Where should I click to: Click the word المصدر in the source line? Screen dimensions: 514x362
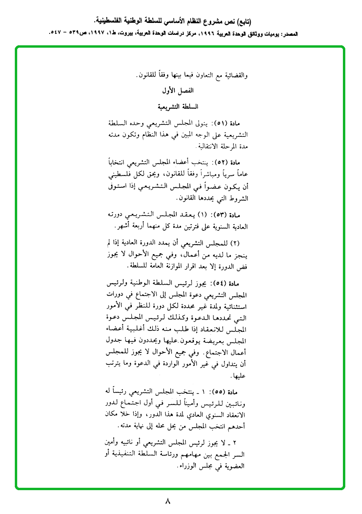pyautogui.click(x=299, y=34)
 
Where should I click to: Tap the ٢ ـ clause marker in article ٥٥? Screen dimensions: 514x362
pyautogui.click(x=238, y=442)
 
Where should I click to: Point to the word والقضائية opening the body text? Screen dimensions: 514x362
pyautogui.click(x=234, y=75)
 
